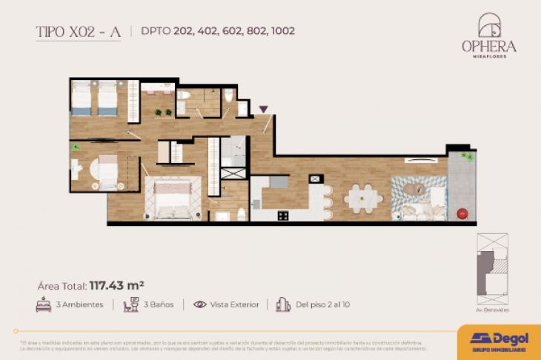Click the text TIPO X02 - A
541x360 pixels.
[x=78, y=31]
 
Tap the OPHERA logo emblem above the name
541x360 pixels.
[x=489, y=25]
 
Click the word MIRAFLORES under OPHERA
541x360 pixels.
[x=489, y=56]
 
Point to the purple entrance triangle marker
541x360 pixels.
[x=263, y=110]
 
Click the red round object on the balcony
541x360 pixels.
[x=462, y=213]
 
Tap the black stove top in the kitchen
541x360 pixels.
[x=283, y=216]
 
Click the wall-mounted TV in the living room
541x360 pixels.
[x=416, y=160]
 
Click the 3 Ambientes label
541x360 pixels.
[x=79, y=304]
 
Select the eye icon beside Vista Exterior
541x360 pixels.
[x=200, y=304]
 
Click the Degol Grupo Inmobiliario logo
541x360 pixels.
[x=499, y=341]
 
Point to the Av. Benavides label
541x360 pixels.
[x=493, y=310]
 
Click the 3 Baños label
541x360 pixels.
[x=156, y=304]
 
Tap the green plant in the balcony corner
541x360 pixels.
[x=466, y=156]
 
